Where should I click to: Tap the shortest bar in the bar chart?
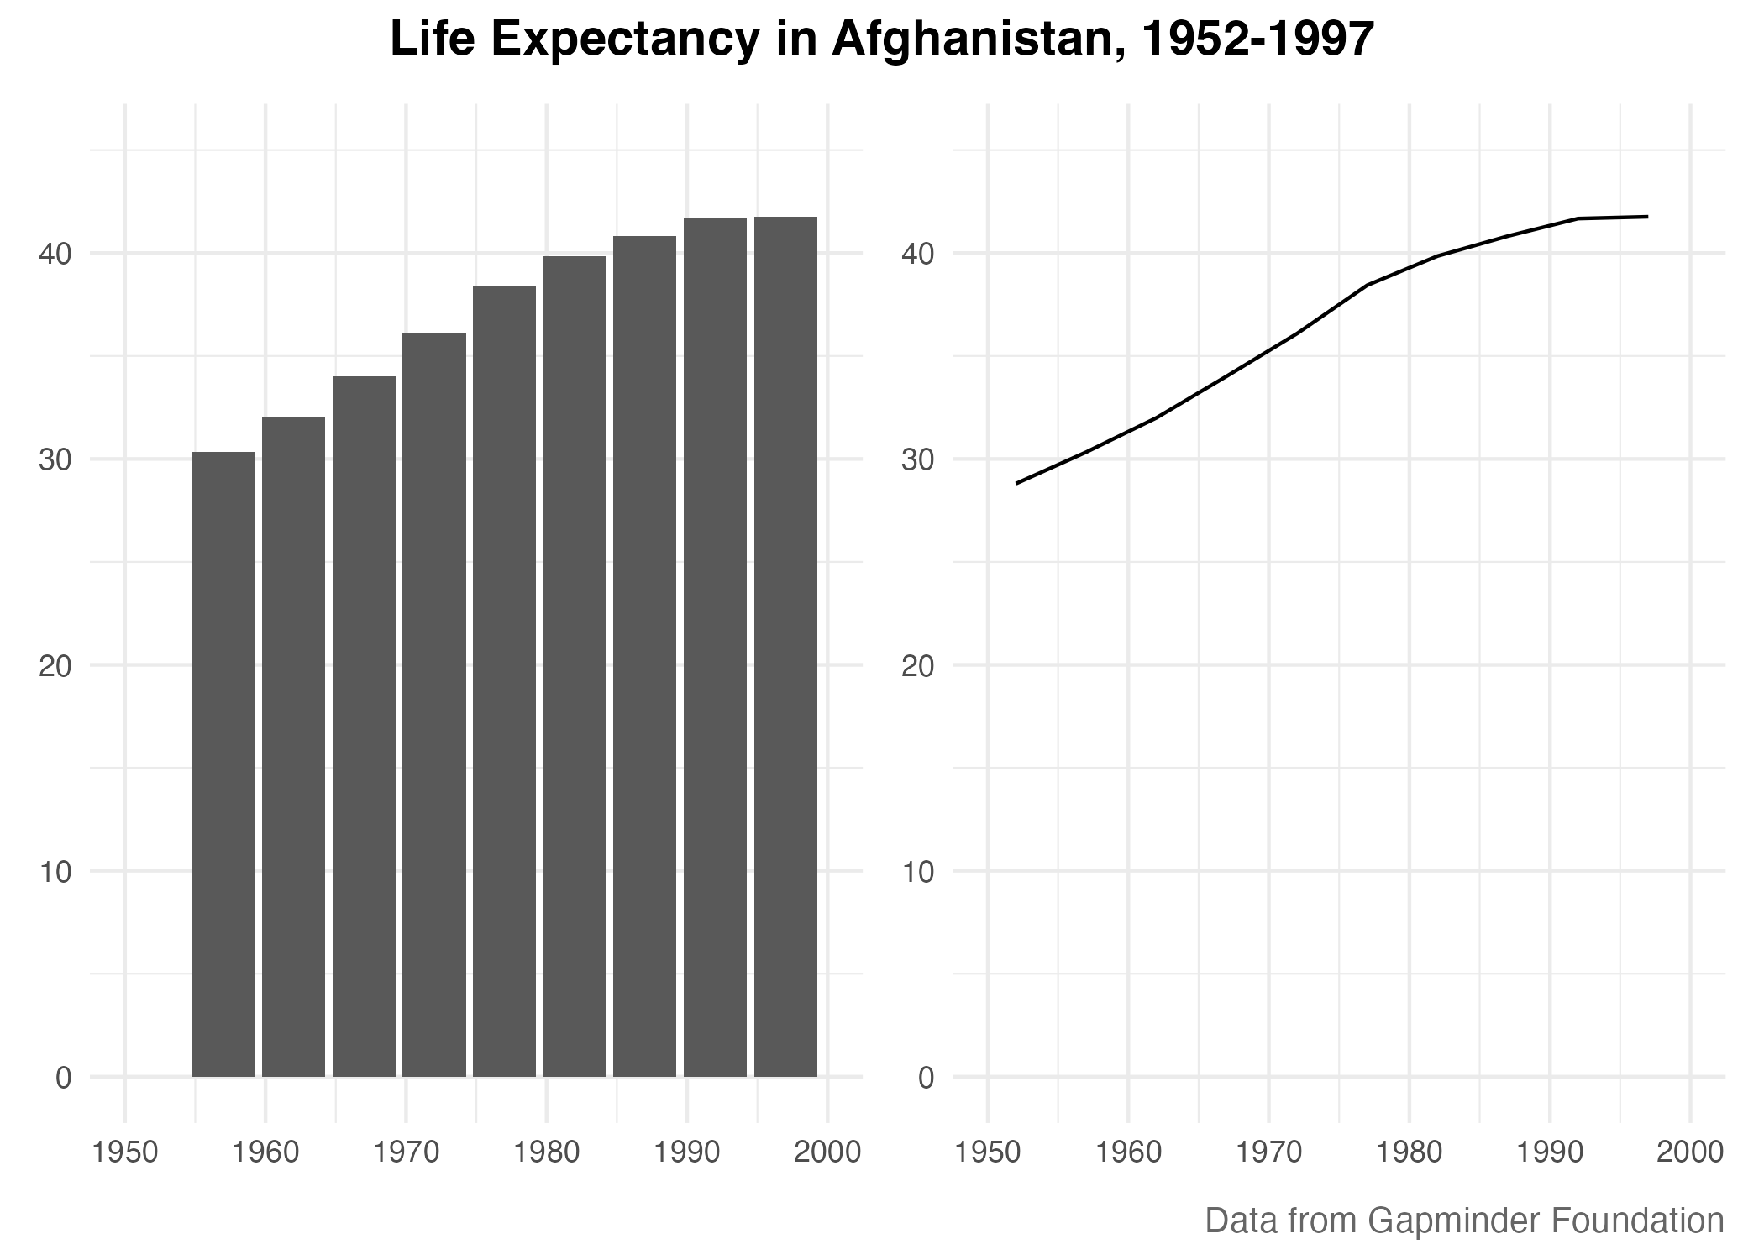[223, 764]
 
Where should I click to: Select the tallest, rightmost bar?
[785, 647]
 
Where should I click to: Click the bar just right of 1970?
[433, 706]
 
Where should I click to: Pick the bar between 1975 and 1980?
[504, 680]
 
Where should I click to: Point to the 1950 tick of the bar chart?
[125, 1152]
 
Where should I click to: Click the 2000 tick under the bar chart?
[827, 1152]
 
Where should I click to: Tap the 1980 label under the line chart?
[1410, 1152]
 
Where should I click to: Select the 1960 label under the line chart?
[1128, 1152]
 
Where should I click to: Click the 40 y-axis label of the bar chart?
[55, 254]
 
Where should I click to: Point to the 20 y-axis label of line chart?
[918, 666]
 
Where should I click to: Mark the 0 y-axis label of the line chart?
[927, 1078]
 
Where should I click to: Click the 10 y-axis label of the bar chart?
[55, 872]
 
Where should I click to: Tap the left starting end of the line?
[1017, 483]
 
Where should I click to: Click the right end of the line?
[1646, 217]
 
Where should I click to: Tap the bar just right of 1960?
[293, 748]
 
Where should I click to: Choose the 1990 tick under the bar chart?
[687, 1152]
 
